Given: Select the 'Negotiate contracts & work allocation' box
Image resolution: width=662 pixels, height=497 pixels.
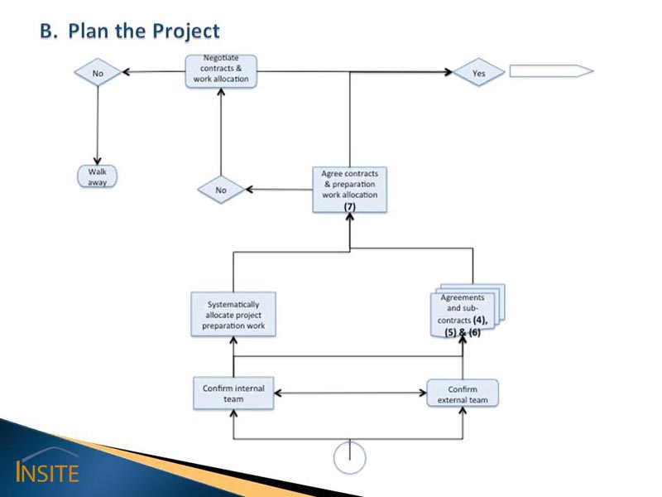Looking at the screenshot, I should tap(220, 70).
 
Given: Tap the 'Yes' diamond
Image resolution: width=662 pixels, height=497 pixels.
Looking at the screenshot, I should tap(478, 73).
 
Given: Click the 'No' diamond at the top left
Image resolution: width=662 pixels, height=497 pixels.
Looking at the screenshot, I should tap(98, 73).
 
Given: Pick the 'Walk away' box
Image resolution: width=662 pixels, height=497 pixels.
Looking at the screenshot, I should tap(98, 176).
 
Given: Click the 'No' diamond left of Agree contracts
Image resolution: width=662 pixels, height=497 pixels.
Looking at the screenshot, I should tap(221, 190).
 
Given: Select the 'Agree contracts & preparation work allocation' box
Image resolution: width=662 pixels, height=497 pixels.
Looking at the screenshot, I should tap(349, 190).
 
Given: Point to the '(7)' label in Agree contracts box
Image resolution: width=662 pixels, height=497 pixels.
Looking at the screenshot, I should tap(349, 205).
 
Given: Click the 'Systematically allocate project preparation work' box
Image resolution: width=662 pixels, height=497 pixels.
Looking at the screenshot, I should tap(233, 315).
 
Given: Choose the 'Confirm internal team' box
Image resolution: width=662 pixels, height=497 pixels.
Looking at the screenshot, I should tap(233, 393).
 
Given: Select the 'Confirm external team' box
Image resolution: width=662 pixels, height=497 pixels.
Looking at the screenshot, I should tap(462, 393).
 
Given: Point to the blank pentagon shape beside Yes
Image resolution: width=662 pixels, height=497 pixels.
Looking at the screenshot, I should tap(551, 71).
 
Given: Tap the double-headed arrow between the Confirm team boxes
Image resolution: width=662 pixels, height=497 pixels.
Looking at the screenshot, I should tap(349, 393).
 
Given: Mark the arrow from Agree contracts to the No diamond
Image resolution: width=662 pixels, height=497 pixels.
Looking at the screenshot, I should tap(280, 190).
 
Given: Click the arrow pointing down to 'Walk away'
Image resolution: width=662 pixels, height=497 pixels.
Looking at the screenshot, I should tap(98, 124).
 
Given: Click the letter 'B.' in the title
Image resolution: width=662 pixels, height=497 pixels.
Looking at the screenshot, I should tap(50, 31).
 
